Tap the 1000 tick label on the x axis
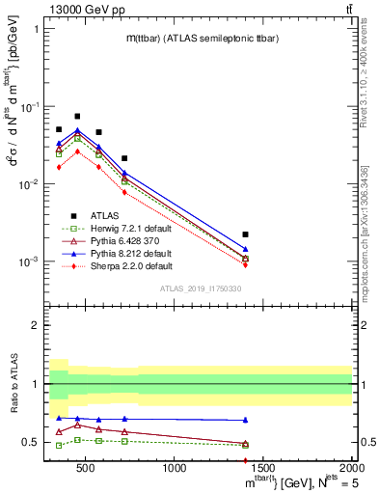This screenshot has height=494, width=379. [175, 470]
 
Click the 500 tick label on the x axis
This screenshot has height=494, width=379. [86, 470]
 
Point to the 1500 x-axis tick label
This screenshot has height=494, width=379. [263, 470]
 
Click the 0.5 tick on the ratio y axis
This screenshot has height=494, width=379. [31, 443]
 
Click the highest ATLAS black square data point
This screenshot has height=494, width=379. [77, 116]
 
